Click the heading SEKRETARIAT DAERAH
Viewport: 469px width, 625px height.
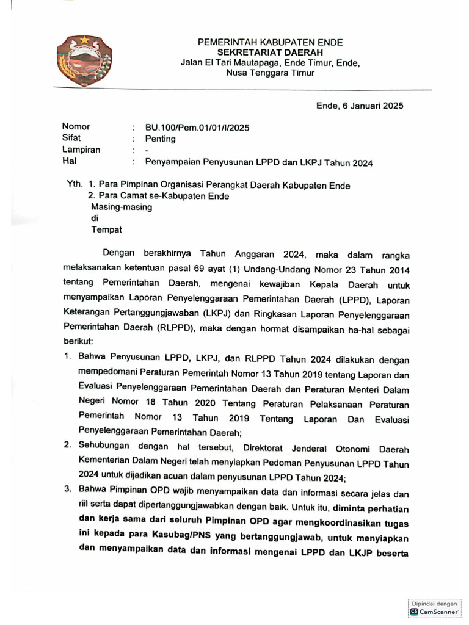pos(269,52)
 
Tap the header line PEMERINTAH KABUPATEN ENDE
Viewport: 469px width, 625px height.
pos(269,42)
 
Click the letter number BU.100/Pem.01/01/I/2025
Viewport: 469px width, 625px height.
pos(197,128)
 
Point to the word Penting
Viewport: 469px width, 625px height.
pos(160,139)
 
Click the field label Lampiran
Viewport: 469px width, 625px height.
pos(81,150)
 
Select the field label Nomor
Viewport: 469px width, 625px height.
pos(76,127)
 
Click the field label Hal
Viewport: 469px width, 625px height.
pos(68,161)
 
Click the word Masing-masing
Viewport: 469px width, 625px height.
pos(122,207)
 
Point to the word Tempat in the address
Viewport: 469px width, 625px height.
pos(106,229)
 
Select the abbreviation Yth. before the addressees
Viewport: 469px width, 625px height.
pos(75,184)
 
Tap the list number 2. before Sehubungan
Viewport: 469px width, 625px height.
pos(68,446)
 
